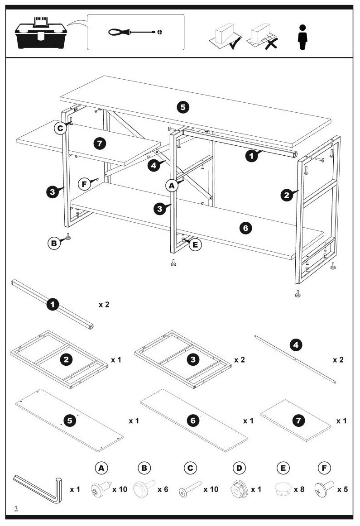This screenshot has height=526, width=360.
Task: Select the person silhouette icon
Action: point(302,37)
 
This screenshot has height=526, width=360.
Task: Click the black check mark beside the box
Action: point(235,43)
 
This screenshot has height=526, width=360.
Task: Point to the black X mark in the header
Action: point(271,43)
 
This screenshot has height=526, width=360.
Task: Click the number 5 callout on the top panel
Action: point(183,107)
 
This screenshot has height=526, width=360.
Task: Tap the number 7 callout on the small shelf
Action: point(100,143)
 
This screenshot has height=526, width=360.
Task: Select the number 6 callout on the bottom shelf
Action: point(245,228)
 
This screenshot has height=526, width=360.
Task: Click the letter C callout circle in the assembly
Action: point(60,128)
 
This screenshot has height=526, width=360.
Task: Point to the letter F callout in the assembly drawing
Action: point(84,184)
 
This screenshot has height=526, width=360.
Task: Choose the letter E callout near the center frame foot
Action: point(195,244)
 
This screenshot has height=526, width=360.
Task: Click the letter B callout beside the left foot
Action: point(54,243)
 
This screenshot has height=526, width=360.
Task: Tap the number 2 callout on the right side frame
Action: point(287,195)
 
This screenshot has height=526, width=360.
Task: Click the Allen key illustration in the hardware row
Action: point(38,489)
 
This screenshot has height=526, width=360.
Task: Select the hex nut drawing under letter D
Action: point(239,490)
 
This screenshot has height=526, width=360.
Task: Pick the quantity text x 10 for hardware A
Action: point(120,489)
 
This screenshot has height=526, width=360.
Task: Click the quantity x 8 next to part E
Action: point(299,489)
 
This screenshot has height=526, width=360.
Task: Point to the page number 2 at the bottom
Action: point(16,508)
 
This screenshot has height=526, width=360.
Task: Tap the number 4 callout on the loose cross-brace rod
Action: point(296,345)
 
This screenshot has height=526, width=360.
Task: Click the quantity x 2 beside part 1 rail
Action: point(104,305)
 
